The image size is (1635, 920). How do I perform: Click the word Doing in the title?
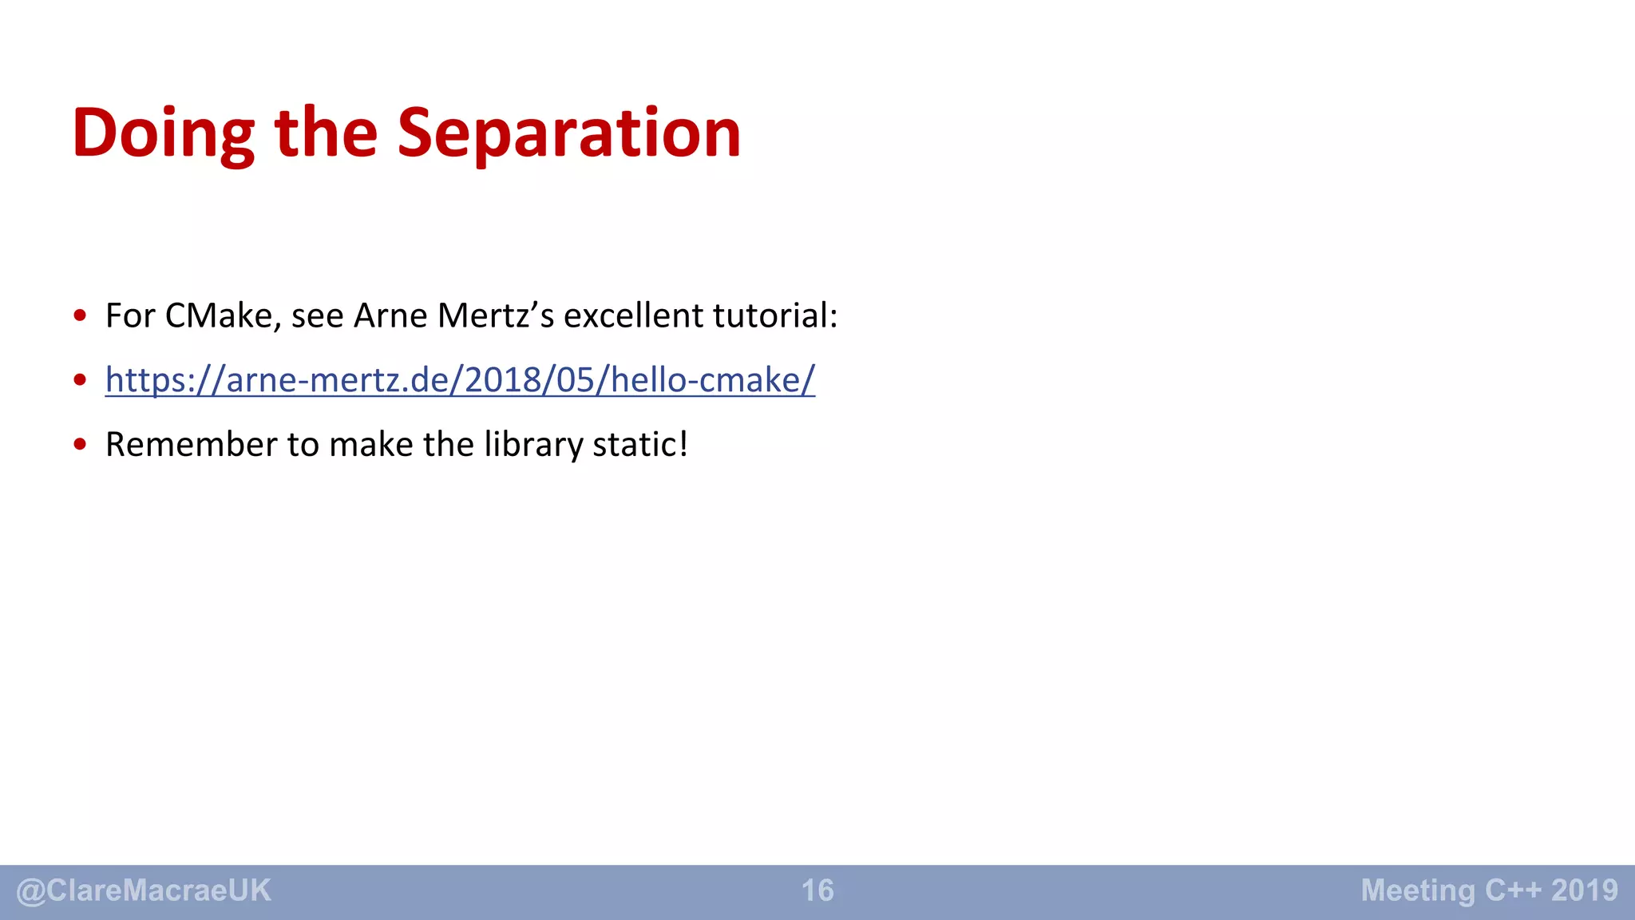click(x=163, y=133)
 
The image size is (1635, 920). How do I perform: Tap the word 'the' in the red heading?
click(x=326, y=133)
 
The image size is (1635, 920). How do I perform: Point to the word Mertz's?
click(x=496, y=316)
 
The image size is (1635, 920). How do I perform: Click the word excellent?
click(x=633, y=316)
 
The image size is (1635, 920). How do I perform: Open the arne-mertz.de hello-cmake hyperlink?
click(x=460, y=380)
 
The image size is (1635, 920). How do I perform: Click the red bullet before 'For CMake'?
click(x=80, y=315)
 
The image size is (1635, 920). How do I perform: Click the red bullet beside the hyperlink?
click(x=80, y=380)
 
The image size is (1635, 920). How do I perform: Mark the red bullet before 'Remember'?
click(x=80, y=445)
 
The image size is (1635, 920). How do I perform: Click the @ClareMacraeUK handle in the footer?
click(x=144, y=890)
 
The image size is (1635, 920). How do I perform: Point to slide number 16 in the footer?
click(x=817, y=890)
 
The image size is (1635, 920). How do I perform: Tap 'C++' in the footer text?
click(x=1513, y=890)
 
